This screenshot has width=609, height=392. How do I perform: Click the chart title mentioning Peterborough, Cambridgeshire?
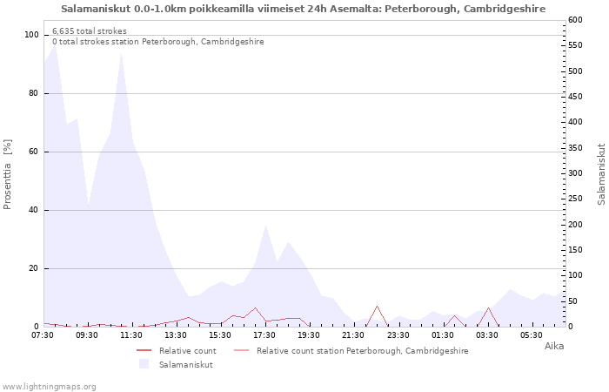(x=303, y=9)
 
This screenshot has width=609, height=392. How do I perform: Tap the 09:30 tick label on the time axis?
(x=87, y=335)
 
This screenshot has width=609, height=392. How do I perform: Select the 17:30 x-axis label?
(x=264, y=335)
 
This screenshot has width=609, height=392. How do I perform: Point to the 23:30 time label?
(x=398, y=335)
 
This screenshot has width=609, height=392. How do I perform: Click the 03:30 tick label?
(x=487, y=335)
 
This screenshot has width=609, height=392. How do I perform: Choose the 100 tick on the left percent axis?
(x=31, y=35)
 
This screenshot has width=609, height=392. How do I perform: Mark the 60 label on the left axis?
(x=33, y=152)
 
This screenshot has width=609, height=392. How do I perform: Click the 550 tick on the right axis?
(x=575, y=45)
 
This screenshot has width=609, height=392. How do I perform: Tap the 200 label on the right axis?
(x=575, y=225)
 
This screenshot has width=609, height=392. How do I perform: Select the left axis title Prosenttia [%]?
(x=7, y=174)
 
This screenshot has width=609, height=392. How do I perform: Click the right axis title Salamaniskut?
(x=601, y=174)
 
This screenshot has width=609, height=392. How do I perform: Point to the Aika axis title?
(x=554, y=346)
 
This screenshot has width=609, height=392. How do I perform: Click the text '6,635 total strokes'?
(x=90, y=31)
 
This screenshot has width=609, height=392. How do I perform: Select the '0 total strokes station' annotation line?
(x=158, y=42)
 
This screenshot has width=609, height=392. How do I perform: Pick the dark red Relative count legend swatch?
(x=144, y=351)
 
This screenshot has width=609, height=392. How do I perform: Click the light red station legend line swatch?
(x=241, y=351)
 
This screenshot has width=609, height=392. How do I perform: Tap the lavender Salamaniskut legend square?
(x=144, y=364)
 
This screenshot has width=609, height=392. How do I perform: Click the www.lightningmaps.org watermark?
(x=49, y=387)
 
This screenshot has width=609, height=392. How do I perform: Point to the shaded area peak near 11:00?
(x=122, y=54)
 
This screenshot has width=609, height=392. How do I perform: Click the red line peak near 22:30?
(x=377, y=306)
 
